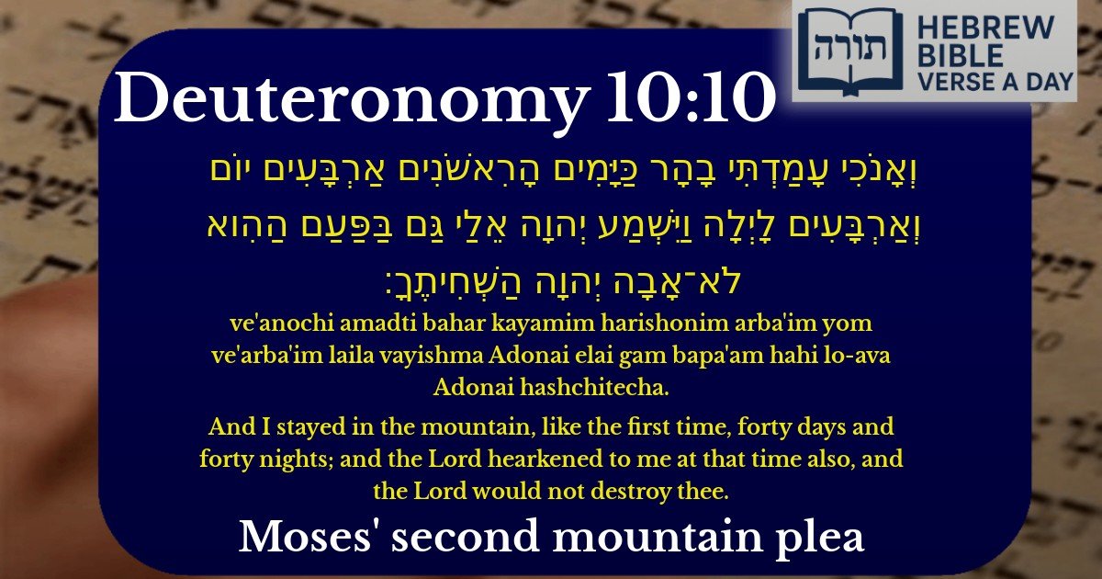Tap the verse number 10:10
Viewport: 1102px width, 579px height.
[x=688, y=99]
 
